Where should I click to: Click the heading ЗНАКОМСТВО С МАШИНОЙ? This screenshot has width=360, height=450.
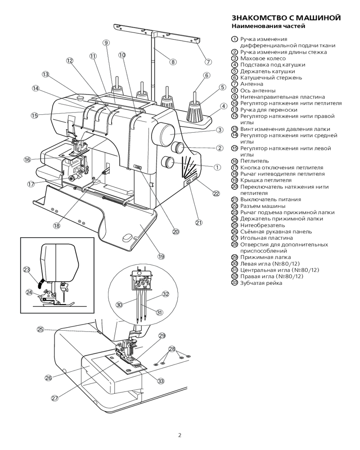(x=286, y=18)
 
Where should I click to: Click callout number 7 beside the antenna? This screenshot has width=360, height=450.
(x=208, y=62)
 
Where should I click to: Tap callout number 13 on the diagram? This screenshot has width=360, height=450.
(x=45, y=74)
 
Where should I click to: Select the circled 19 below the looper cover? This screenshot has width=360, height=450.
(x=162, y=256)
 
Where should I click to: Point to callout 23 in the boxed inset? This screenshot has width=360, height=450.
(x=27, y=270)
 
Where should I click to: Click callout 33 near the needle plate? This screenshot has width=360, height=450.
(x=161, y=381)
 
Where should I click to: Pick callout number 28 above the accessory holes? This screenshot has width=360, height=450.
(x=171, y=349)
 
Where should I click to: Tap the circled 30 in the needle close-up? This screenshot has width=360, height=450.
(x=119, y=305)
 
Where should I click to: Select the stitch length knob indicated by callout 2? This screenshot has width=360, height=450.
(x=178, y=148)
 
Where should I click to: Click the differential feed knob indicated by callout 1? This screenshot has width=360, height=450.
(x=168, y=163)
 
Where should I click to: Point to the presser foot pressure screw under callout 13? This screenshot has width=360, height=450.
(x=80, y=98)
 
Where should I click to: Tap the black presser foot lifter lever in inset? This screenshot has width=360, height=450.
(x=41, y=283)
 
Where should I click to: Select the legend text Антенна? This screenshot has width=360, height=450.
(x=252, y=84)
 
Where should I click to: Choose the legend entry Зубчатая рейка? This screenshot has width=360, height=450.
(x=261, y=283)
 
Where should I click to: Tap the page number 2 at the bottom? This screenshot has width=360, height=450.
(x=180, y=435)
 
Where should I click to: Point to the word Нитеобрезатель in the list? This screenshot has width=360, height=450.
(x=263, y=225)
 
